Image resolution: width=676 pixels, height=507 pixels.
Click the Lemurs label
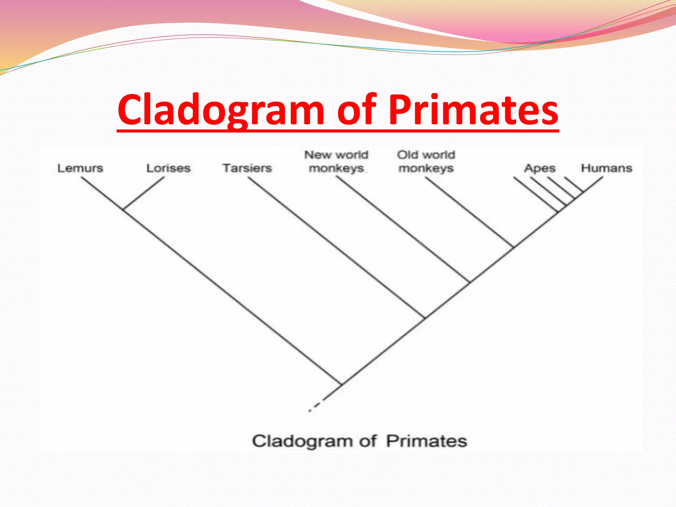click(80, 168)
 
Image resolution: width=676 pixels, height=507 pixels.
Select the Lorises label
click(168, 168)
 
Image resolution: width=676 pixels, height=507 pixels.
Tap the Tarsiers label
click(247, 168)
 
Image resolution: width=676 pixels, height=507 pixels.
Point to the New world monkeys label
click(336, 161)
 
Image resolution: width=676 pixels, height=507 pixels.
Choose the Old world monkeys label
click(426, 161)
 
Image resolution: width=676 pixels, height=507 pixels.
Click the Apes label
click(540, 168)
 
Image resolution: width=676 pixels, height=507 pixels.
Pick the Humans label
click(607, 168)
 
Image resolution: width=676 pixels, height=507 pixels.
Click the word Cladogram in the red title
click(221, 110)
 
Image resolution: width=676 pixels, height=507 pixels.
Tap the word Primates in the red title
click(473, 110)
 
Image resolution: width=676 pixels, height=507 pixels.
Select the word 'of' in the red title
click(356, 110)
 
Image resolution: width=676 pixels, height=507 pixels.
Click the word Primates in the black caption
click(427, 441)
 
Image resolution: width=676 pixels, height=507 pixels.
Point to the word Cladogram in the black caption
click(302, 441)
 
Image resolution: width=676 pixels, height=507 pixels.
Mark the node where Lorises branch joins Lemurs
click(123, 209)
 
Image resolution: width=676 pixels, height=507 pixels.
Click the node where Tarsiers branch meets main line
click(424, 318)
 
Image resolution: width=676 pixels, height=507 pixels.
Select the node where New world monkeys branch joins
click(469, 283)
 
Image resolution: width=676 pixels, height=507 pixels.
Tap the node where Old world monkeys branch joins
click(514, 247)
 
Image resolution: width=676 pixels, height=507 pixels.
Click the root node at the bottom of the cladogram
click(341, 384)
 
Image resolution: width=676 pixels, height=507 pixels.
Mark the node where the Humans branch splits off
click(583, 192)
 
